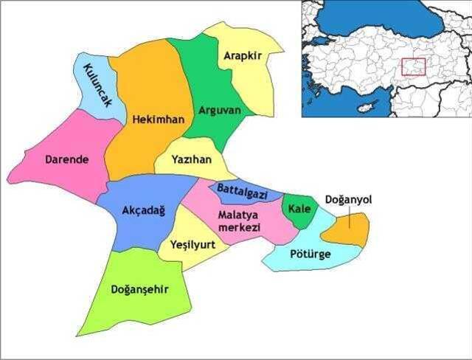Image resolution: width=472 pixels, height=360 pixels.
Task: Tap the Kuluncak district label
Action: pyautogui.click(x=97, y=87)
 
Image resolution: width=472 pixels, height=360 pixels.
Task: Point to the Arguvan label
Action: pyautogui.click(x=220, y=111)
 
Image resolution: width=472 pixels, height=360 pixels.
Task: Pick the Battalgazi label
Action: pyautogui.click(x=242, y=192)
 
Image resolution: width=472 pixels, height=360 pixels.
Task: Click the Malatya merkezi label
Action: pyautogui.click(x=240, y=221)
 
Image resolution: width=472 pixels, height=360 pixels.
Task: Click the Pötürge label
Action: pyautogui.click(x=310, y=255)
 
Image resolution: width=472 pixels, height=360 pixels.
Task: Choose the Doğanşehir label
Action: pyautogui.click(x=139, y=289)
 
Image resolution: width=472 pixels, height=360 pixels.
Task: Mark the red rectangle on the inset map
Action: pyautogui.click(x=414, y=67)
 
